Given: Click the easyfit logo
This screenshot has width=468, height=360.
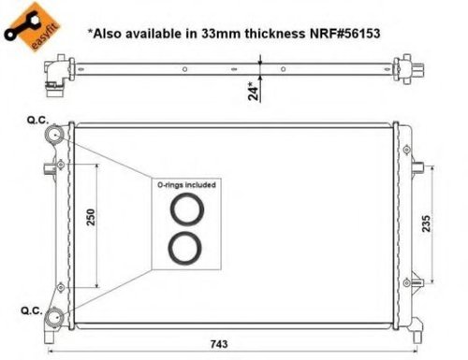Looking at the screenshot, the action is (x=32, y=27).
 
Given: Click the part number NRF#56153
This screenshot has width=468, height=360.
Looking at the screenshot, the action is (x=344, y=34).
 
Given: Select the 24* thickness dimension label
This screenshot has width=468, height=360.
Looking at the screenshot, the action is (x=254, y=91).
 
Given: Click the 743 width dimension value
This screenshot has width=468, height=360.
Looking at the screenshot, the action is (x=219, y=344).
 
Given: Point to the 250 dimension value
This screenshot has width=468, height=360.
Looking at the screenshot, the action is (x=91, y=217).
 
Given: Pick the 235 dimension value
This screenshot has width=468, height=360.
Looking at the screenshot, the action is (x=426, y=223).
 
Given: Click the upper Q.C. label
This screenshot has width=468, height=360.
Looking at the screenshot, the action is (x=37, y=121).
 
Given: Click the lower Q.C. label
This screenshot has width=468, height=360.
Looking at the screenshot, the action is (x=32, y=310).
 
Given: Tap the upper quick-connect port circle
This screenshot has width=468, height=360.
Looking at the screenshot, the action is (x=54, y=135).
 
